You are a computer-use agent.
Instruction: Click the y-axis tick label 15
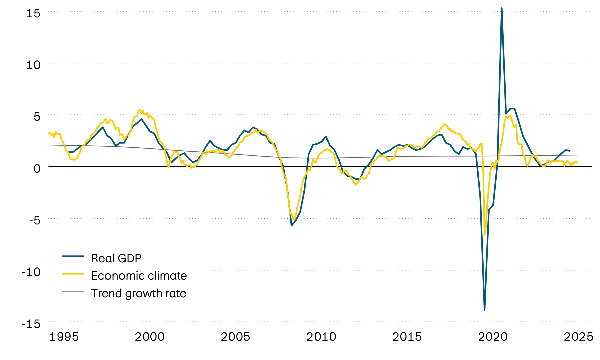pos(33,13)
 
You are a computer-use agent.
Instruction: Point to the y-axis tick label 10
pos(33,65)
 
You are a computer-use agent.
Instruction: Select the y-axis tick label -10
pos(31,272)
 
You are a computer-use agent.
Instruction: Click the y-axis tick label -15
pos(31,324)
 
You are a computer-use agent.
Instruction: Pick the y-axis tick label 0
pos(37,168)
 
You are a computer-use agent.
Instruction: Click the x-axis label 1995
pos(64,337)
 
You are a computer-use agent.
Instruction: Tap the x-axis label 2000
pos(150,337)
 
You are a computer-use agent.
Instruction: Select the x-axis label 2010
pos(321,337)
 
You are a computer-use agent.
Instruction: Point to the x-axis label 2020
pos(493,337)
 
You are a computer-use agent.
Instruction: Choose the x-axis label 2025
pos(578,337)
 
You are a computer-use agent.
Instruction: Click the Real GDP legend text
pos(116,258)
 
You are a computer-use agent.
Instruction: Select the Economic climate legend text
pos(139,276)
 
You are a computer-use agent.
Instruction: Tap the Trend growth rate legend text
pos(138,293)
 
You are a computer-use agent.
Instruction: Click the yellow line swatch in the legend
pos(73,274)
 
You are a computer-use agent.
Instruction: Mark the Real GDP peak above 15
pos(502,8)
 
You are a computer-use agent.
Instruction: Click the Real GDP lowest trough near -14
pos(484,310)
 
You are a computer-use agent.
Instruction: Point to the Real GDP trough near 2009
pos(292,226)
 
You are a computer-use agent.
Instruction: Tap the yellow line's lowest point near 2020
pos(485,235)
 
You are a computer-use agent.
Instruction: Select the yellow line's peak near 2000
pos(140,110)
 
